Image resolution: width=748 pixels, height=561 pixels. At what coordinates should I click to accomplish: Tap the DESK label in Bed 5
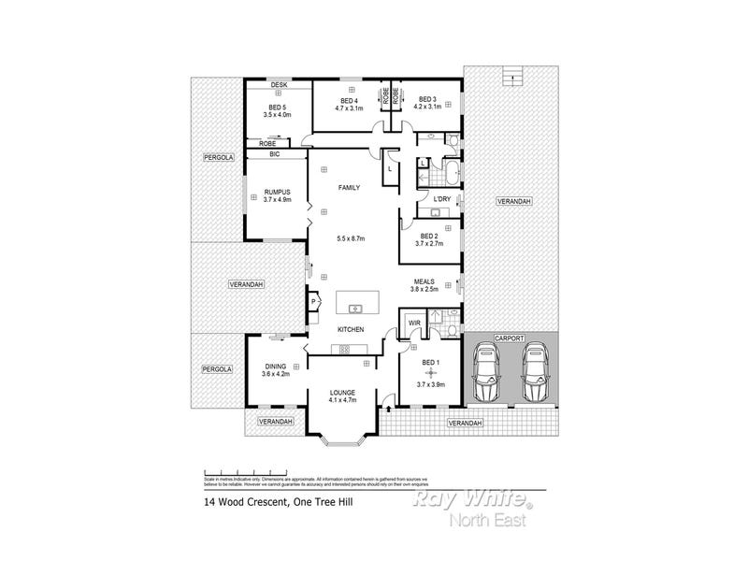tap(279, 85)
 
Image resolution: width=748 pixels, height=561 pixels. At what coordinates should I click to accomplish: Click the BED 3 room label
tap(427, 99)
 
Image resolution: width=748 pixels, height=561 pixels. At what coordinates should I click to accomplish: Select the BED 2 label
tap(429, 236)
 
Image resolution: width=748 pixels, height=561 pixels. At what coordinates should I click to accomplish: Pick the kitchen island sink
tap(354, 308)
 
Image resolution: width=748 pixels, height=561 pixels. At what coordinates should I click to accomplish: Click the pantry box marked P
tap(314, 302)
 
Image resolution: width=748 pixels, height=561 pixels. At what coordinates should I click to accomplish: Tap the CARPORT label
tap(510, 338)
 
